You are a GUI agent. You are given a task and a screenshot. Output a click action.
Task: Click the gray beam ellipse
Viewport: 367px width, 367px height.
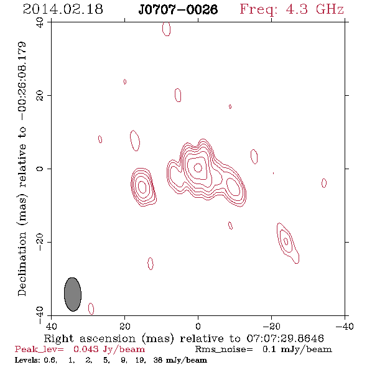[73, 294]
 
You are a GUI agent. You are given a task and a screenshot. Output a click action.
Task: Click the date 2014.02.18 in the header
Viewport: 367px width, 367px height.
[63, 9]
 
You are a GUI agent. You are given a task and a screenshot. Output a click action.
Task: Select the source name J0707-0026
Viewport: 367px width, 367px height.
[178, 9]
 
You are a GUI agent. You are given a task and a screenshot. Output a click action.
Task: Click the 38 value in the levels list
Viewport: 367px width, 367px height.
[158, 360]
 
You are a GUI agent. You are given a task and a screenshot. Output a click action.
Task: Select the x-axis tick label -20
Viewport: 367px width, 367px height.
[271, 326]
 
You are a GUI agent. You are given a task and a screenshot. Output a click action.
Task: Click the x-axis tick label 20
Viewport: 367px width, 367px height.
[124, 326]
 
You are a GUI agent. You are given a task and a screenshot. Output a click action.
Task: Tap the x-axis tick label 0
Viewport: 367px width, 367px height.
[198, 326]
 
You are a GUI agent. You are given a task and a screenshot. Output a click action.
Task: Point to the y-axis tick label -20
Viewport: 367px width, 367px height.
[39, 242]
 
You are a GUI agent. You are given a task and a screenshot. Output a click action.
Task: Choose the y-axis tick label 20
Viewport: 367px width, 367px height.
[39, 96]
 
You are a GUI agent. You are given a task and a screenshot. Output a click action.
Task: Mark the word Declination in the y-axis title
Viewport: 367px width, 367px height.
[22, 264]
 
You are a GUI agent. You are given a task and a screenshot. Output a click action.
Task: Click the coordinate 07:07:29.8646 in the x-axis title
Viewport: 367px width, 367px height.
[286, 338]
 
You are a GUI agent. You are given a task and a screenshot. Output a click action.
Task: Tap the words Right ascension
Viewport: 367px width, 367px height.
[90, 338]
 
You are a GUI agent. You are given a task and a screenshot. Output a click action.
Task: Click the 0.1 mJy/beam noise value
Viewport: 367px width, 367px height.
[297, 350]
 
